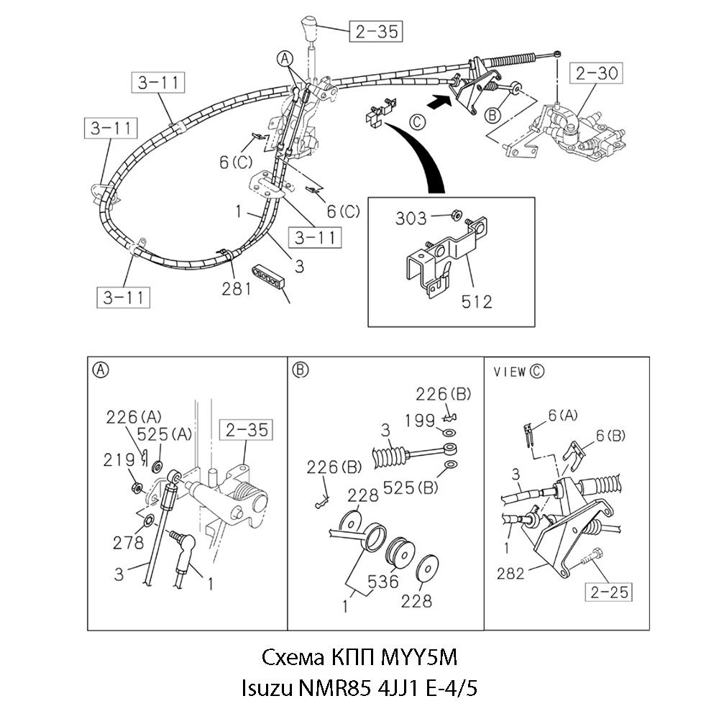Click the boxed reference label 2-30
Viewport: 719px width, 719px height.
click(596, 73)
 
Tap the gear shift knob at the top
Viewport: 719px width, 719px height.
click(311, 27)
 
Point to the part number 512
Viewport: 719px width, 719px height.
click(477, 301)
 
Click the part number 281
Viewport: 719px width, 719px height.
click(237, 288)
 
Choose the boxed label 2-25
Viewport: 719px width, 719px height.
click(608, 592)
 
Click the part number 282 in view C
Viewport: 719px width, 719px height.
click(513, 573)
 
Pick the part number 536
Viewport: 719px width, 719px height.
click(383, 581)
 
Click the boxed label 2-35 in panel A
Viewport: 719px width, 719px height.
click(244, 430)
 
